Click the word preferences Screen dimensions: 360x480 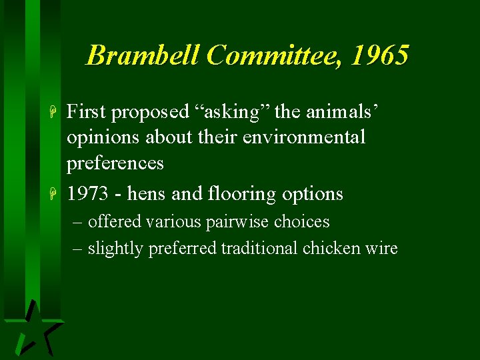[115, 163]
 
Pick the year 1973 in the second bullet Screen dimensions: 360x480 [88, 194]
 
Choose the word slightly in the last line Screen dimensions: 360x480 [117, 249]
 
